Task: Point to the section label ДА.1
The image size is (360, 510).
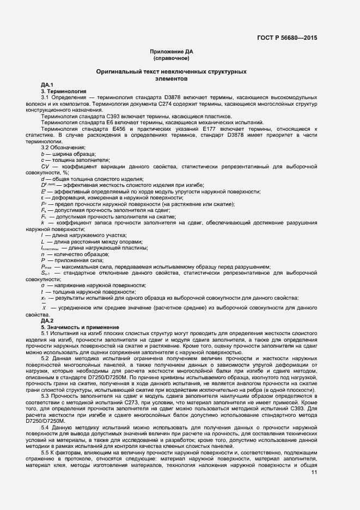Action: [x=47, y=85]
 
